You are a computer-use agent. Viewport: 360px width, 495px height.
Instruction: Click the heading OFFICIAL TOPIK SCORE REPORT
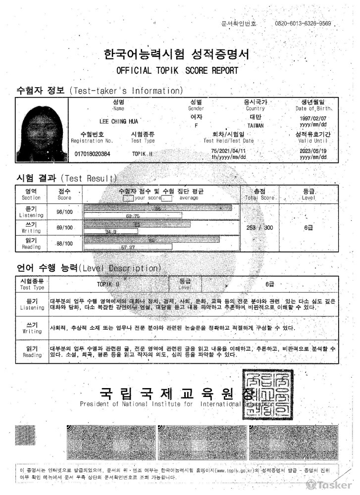pos(177,70)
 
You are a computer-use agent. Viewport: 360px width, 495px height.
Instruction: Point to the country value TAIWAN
pos(256,125)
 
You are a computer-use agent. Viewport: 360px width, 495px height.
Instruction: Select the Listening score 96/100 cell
pos(64,212)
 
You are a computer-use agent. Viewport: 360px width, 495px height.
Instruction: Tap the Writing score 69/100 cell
pos(64,228)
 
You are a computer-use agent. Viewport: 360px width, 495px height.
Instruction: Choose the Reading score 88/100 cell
pos(64,244)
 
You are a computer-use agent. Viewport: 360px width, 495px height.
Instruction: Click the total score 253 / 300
pos(259,228)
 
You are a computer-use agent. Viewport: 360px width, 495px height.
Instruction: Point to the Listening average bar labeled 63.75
pos(133,216)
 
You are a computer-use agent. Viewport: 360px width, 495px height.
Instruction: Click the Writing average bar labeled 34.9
pos(111,231)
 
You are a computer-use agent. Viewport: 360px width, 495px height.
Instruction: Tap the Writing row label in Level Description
pos(32,328)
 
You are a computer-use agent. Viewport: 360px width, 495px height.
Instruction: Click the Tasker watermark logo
pos(329,485)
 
